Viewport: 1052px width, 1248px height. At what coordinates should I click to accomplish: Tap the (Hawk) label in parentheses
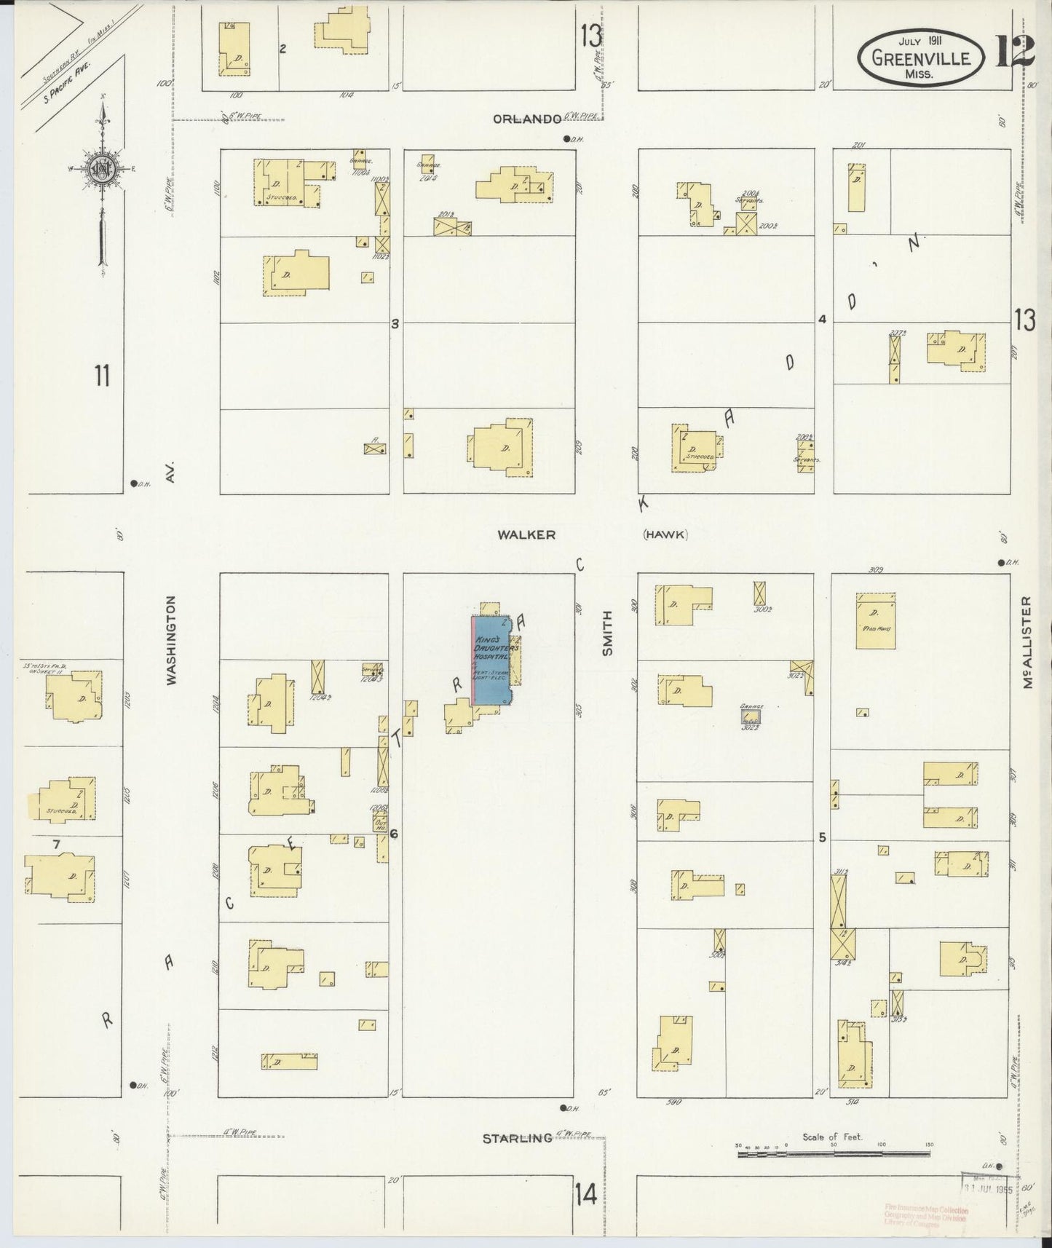(x=665, y=534)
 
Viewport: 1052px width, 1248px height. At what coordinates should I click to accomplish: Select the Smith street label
(x=607, y=632)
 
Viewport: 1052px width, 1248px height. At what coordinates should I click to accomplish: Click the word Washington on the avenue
(x=172, y=641)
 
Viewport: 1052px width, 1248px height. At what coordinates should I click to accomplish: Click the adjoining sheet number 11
(x=102, y=376)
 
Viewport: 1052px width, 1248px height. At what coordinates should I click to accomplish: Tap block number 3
(x=395, y=323)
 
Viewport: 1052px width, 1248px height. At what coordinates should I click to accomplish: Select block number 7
(x=55, y=844)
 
